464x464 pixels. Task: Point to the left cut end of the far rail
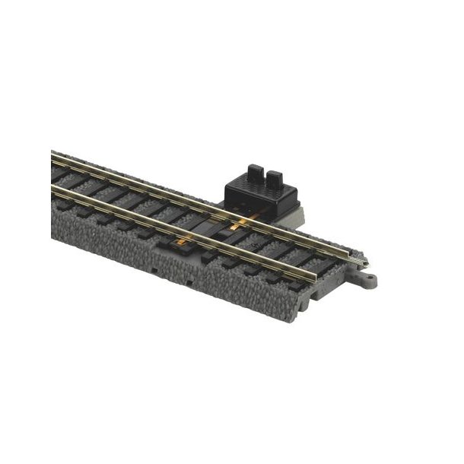(x=52, y=155)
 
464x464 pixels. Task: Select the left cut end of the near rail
(x=52, y=185)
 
